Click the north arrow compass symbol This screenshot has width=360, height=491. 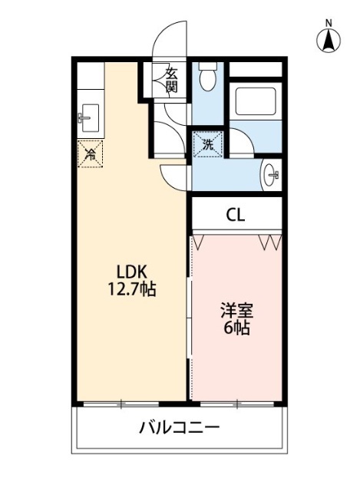click(327, 41)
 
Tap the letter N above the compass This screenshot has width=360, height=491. click(327, 22)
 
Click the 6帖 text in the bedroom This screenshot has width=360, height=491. click(236, 329)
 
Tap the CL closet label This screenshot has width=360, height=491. click(236, 215)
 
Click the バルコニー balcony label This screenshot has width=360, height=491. click(179, 427)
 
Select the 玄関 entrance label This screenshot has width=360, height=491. click(171, 80)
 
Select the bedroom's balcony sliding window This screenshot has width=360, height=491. click(236, 402)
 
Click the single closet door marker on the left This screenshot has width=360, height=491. click(198, 242)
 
